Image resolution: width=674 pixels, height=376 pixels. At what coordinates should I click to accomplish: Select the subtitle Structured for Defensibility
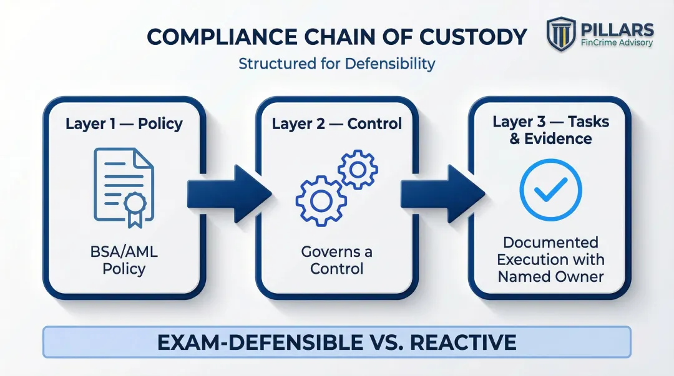(337, 64)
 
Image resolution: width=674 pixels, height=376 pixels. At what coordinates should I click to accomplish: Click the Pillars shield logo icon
(561, 34)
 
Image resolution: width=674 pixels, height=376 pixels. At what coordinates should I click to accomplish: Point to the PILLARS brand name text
(617, 29)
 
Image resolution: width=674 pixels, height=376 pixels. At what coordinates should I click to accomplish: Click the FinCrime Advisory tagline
(617, 44)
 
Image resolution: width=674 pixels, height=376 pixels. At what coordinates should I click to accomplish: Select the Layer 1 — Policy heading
(124, 123)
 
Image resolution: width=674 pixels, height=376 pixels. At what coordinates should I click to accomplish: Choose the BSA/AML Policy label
(124, 261)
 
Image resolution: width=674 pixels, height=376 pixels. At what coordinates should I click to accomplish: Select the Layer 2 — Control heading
(337, 123)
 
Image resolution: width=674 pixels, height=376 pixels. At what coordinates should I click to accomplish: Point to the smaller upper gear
(357, 168)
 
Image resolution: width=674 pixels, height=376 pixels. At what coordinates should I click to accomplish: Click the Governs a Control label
(337, 261)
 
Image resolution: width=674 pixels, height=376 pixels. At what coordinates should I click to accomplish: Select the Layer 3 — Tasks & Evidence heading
(550, 130)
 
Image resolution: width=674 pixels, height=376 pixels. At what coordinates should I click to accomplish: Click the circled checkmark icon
(550, 190)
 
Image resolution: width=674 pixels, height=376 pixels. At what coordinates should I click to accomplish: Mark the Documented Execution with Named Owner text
(550, 259)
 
